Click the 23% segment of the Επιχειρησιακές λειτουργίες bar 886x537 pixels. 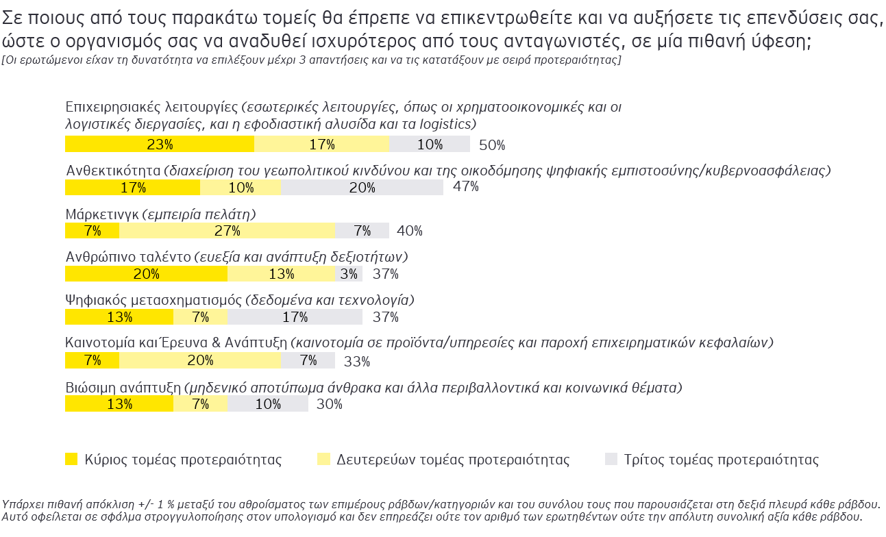(159, 144)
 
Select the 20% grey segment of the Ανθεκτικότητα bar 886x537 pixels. (362, 187)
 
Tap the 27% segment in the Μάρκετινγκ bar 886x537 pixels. (227, 231)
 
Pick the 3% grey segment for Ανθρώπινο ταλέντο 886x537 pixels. (349, 274)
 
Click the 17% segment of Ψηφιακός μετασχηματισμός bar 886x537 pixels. (295, 317)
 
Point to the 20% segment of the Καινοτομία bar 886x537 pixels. (199, 360)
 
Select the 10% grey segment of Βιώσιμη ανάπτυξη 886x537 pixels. (267, 404)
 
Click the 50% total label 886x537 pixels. (492, 145)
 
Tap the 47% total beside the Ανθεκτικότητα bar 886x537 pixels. (466, 187)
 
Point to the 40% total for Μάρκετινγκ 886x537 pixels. (410, 232)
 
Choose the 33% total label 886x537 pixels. (356, 362)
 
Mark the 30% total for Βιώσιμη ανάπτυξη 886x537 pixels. (330, 404)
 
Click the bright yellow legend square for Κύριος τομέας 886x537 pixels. (71, 459)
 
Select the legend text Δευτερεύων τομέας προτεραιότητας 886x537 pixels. (453, 460)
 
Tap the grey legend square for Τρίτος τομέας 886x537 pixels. (611, 459)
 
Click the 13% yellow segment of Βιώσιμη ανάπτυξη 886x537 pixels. (119, 404)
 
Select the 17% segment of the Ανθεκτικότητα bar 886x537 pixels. (132, 187)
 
